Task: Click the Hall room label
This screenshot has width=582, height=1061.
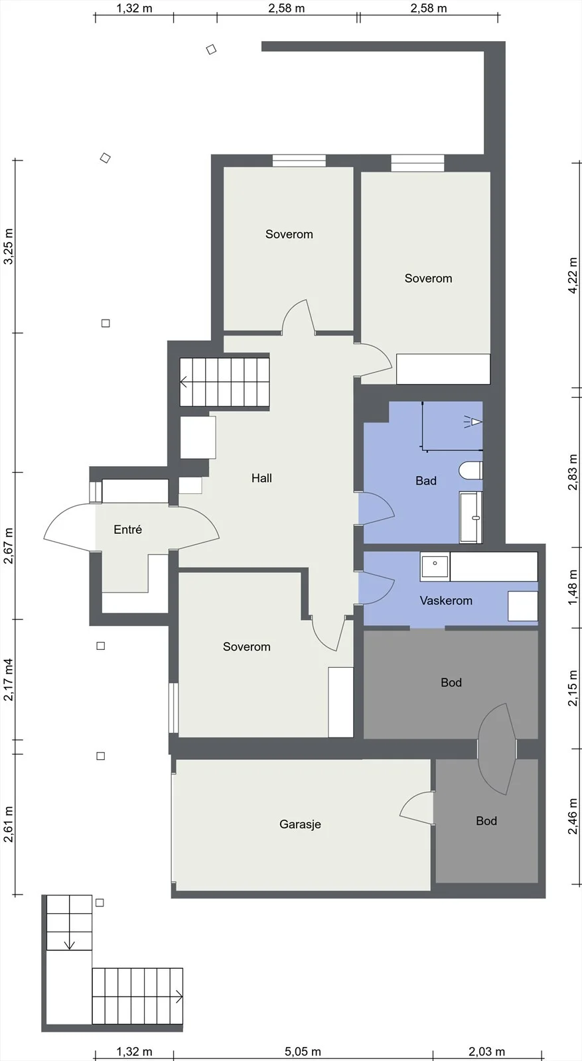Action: [261, 478]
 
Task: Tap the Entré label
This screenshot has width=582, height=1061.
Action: [128, 530]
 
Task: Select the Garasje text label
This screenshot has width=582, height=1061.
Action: [300, 825]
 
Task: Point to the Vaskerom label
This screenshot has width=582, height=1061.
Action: [446, 601]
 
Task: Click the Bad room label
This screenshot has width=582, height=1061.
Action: [425, 481]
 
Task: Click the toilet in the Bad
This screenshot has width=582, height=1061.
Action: [471, 471]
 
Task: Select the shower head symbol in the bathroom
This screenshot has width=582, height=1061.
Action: [473, 421]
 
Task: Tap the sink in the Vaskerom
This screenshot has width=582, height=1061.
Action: [435, 566]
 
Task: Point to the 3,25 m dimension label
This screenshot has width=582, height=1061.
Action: [9, 246]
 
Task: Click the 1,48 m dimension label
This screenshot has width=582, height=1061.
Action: [573, 587]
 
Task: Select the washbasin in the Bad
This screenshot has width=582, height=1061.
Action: [471, 517]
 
